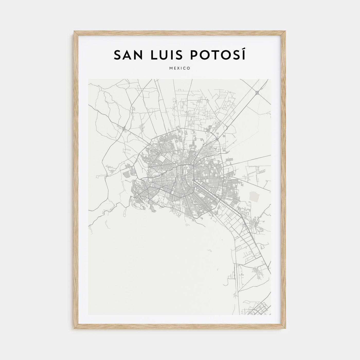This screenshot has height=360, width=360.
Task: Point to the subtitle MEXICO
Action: tap(180, 68)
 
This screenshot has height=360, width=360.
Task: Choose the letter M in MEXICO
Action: tap(171, 68)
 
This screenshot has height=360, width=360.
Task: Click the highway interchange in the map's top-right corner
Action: tap(257, 92)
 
